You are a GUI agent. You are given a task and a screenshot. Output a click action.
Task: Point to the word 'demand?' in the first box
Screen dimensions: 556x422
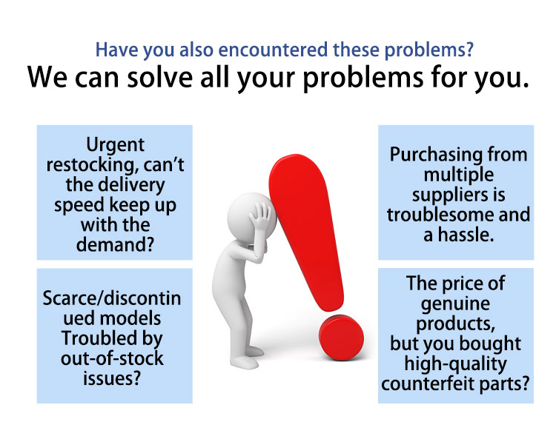(115, 244)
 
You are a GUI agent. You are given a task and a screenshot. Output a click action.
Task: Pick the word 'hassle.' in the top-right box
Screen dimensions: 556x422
(466, 235)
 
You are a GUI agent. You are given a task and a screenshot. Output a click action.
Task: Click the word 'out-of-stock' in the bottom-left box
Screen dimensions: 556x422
(112, 358)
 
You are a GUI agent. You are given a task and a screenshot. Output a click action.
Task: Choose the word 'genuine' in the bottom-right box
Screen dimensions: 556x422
(456, 304)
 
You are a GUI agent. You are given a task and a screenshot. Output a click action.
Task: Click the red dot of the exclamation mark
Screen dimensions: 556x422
(341, 338)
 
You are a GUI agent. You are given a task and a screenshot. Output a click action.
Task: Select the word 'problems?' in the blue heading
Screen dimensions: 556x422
(429, 50)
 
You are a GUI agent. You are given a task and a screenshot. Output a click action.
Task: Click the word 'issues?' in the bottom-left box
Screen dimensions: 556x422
(112, 378)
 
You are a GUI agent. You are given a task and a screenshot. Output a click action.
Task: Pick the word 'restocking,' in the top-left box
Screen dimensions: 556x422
(92, 165)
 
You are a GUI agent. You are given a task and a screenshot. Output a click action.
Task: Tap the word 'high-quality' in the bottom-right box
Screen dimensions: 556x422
(456, 364)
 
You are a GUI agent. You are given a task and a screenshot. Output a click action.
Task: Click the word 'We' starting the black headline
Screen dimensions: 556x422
(47, 77)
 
